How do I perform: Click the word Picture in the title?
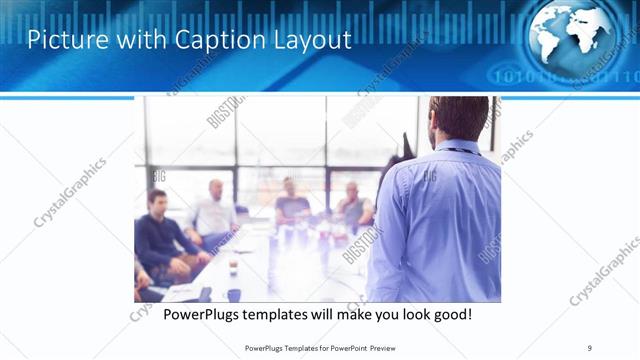(x=63, y=40)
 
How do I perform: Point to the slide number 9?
(x=590, y=347)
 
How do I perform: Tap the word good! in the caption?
(x=450, y=314)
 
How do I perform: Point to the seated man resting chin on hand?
(x=354, y=207)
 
